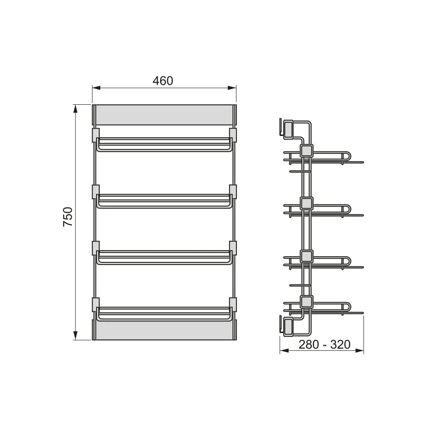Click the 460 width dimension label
coord(163,81)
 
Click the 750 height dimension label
coord(68,217)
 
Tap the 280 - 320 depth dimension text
coord(324,344)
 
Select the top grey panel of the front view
coord(164,115)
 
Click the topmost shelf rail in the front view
coord(164,145)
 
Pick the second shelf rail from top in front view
coord(164,201)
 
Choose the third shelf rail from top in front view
coord(164,257)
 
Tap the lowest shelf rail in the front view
coord(164,314)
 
